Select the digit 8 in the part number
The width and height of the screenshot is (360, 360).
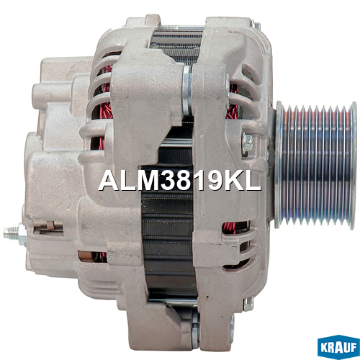[x=186, y=181]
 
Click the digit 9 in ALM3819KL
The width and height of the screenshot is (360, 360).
[x=215, y=181]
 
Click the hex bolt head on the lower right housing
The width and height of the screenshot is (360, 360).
[x=249, y=304]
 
